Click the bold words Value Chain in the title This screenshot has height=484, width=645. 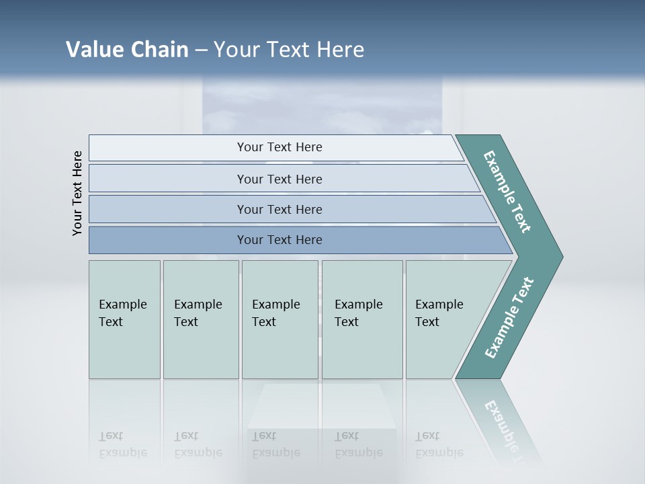point(127,50)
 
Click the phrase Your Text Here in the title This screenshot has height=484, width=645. point(289,50)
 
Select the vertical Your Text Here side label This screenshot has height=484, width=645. point(77,193)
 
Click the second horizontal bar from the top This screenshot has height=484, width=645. point(279,179)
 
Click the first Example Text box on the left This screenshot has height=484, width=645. point(124,319)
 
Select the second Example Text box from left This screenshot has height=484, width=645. point(200,319)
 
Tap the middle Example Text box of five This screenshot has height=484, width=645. point(279,319)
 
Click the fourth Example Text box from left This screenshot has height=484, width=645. point(361,319)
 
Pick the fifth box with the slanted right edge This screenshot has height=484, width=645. point(443,319)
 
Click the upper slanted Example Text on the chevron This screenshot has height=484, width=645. point(507,192)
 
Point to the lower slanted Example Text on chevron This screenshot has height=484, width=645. point(509,318)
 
